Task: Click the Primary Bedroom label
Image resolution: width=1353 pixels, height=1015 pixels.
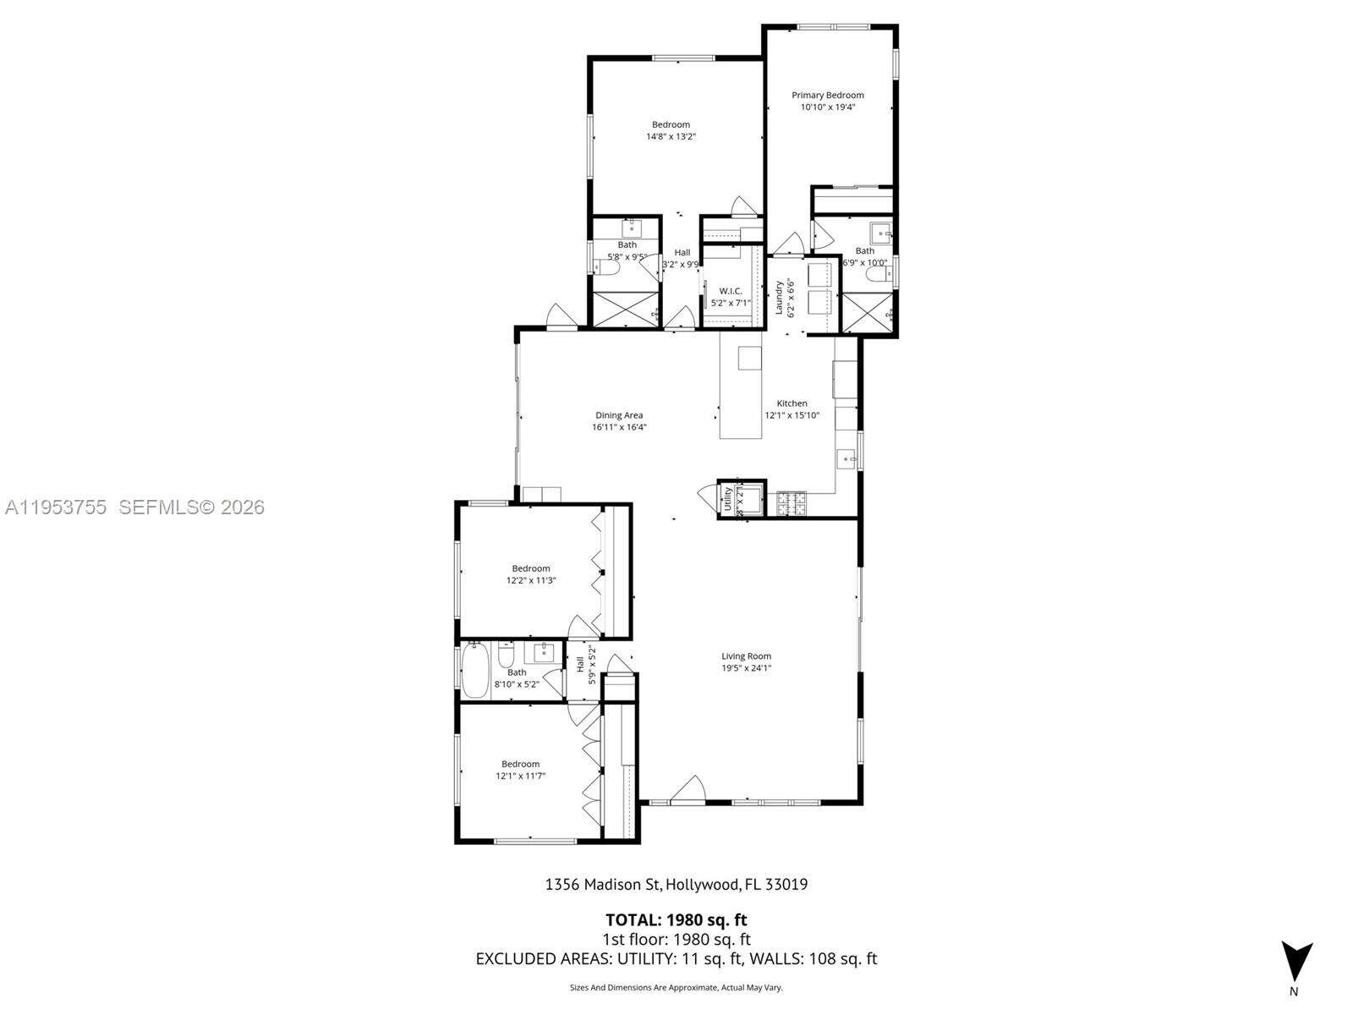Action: coord(827,96)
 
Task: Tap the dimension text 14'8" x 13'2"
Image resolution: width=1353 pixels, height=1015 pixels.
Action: coord(671,136)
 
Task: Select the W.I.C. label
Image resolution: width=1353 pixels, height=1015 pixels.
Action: coord(731,291)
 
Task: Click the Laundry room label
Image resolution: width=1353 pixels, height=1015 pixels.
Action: coord(780,298)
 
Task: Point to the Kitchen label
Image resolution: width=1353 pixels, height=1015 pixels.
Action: coord(792,403)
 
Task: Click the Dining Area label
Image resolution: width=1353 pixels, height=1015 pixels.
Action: coord(619,415)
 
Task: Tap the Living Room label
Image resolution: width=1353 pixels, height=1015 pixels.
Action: coord(746,656)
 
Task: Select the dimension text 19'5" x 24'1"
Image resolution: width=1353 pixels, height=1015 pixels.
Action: coord(746,668)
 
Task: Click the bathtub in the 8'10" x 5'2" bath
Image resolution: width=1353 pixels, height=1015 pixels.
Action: coord(475,670)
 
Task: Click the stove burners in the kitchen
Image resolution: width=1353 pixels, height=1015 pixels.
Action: coord(792,504)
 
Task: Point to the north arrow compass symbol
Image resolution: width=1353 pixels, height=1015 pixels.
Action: coord(1295,963)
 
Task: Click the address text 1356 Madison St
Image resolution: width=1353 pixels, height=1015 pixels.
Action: coord(601,885)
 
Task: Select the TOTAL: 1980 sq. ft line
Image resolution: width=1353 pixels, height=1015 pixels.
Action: coord(676,919)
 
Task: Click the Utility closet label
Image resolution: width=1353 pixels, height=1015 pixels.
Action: coord(727,499)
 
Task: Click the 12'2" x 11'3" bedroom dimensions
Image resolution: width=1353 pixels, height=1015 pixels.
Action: coord(530,580)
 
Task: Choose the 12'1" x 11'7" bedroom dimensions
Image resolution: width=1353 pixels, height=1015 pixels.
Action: coord(520,776)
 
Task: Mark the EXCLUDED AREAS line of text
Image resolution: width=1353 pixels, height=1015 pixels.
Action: coord(676,958)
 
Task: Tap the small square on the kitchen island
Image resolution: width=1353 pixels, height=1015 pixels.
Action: coord(750,358)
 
